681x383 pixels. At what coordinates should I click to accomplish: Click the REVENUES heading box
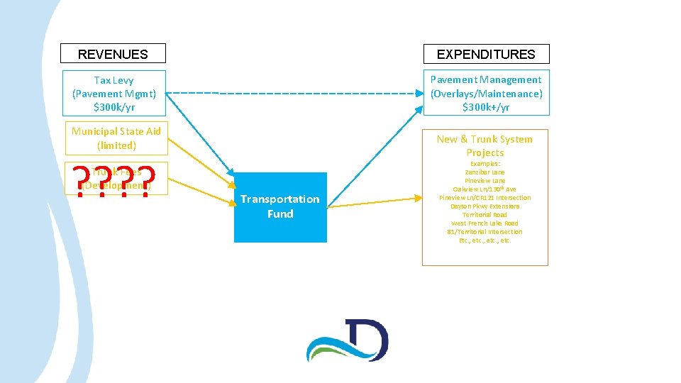pos(113,54)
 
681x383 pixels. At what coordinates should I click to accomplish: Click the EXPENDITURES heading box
pos(486,54)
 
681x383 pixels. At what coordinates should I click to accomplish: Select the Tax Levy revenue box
pos(113,93)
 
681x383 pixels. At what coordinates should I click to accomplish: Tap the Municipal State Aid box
pos(116,138)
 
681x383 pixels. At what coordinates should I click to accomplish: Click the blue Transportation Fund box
pos(280,207)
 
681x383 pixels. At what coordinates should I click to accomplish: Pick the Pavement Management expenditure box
pos(486,93)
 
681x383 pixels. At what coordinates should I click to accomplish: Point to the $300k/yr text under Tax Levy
pos(113,107)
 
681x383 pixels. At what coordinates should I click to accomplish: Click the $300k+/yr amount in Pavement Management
pos(486,107)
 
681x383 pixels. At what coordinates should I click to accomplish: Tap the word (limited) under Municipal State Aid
pos(116,145)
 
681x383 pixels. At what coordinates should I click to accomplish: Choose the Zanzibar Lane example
pos(485,172)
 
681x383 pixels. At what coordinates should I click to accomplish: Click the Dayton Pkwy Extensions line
pos(485,206)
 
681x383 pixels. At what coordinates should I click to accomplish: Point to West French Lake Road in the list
pos(485,223)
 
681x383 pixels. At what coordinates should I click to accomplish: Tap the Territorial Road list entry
pos(485,215)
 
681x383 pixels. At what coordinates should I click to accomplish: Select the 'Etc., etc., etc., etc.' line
pos(485,240)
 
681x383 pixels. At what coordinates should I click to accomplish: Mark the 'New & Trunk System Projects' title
pos(485,145)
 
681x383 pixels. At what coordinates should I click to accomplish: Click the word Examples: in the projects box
pos(485,164)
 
